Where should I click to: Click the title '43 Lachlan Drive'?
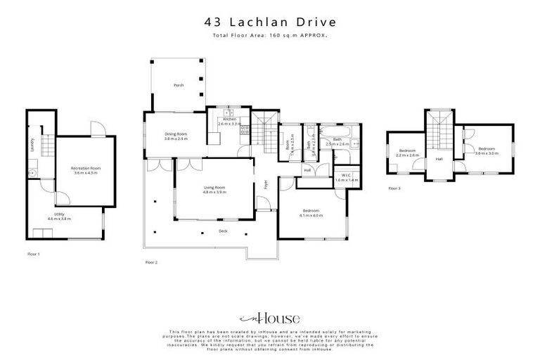point(269,23)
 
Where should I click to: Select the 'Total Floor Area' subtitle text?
point(269,35)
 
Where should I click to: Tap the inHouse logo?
point(269,318)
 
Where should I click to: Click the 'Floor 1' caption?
point(34,253)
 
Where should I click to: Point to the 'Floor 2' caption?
point(151,262)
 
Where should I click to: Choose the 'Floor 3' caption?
point(394,188)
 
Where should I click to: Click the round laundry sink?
point(32,172)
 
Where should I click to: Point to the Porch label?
point(179,86)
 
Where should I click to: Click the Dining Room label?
point(176,135)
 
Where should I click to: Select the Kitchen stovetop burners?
point(244,129)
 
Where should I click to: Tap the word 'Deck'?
point(223,231)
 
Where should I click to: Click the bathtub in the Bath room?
point(333,130)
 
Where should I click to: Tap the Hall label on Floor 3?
point(439,158)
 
